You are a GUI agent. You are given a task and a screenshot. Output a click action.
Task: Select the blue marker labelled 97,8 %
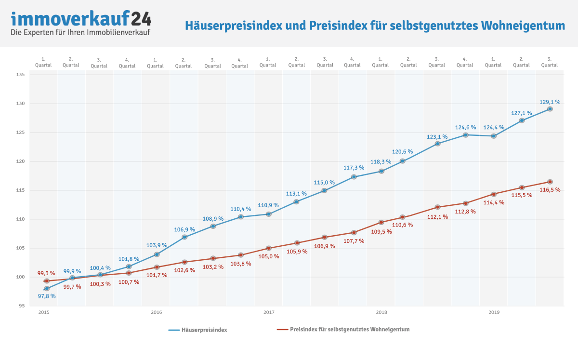(47, 289)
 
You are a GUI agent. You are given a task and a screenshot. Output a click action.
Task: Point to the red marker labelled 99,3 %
(46, 281)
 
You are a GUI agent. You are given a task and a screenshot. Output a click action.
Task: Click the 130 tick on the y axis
(20, 104)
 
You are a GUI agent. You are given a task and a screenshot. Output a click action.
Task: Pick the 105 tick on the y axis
(20, 248)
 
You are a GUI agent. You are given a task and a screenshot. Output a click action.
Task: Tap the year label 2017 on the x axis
(269, 313)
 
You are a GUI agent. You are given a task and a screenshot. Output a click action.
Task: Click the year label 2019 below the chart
(494, 313)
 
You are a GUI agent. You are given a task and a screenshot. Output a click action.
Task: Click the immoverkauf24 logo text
(81, 19)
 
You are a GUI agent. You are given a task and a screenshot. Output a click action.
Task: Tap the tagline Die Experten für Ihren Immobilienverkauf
(80, 32)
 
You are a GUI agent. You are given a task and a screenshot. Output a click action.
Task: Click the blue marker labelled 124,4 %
(494, 136)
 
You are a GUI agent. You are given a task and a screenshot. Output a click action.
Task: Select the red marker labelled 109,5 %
(381, 222)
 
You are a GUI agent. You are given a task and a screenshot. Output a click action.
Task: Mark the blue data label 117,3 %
(354, 168)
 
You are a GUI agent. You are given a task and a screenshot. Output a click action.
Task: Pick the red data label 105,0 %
(269, 256)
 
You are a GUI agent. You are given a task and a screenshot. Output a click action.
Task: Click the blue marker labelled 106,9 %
(184, 237)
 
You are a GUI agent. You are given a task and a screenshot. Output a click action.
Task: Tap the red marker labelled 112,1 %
(437, 207)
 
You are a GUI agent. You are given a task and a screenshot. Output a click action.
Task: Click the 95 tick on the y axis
(22, 306)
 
